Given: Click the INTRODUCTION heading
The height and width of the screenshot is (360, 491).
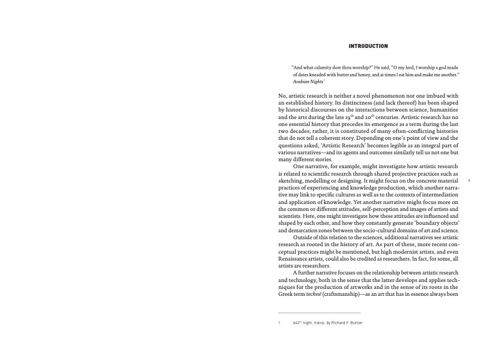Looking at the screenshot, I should pyautogui.click(x=368, y=46).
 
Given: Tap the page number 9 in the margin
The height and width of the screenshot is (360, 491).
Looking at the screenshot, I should pyautogui.click(x=469, y=181).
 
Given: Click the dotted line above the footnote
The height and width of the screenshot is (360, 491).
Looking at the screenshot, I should pyautogui.click(x=319, y=313).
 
